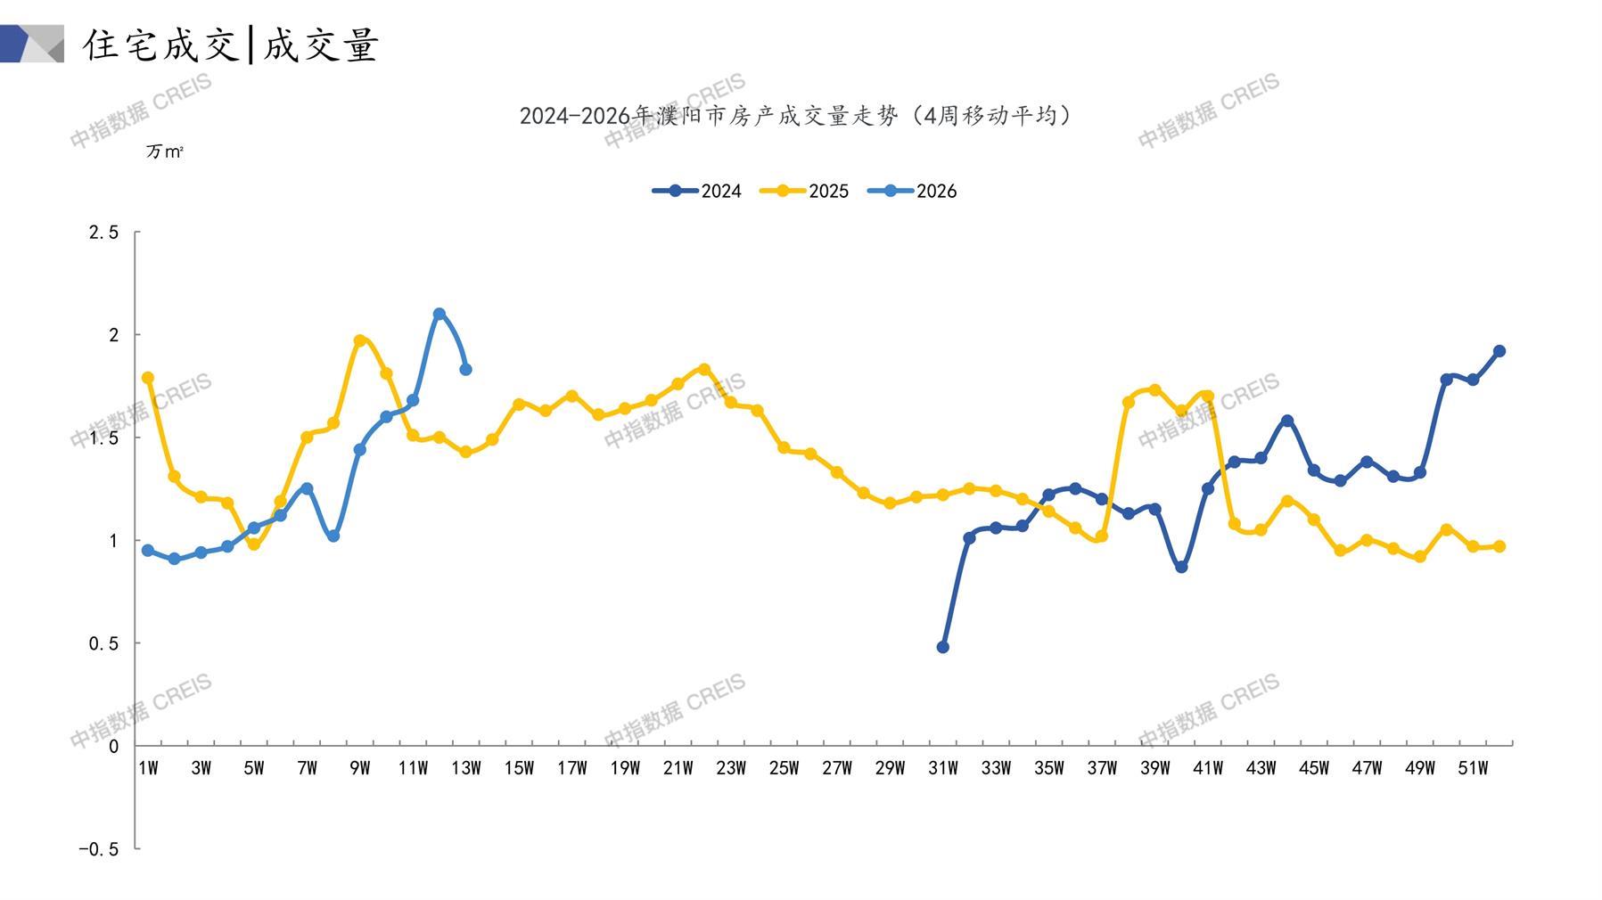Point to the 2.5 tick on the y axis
103,233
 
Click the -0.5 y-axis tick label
98,849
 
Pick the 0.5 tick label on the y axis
103,643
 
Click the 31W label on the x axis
942,768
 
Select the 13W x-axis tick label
465,768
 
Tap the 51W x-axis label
1473,768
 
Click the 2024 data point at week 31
943,647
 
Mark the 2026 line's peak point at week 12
440,315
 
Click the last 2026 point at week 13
465,369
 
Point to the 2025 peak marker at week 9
360,340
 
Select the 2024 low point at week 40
1181,567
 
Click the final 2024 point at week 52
1499,351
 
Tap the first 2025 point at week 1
148,378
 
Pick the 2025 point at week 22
704,369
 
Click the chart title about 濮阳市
795,116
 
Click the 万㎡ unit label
165,152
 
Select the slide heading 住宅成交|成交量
231,45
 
